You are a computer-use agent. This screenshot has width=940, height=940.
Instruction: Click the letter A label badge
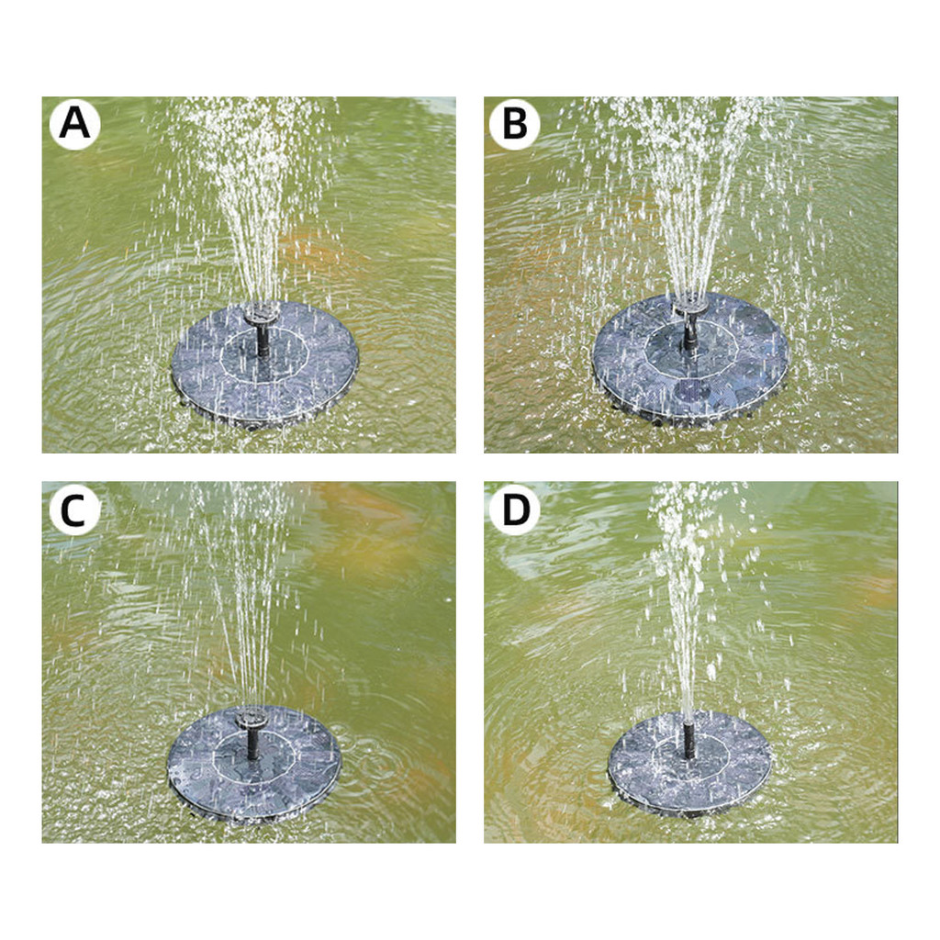[75, 124]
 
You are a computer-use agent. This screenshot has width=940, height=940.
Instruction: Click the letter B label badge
[514, 124]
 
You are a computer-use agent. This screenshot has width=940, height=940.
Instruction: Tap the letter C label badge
[75, 510]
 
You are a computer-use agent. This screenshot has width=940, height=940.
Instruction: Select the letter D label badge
[514, 510]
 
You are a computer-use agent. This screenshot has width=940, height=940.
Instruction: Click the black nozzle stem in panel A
[263, 340]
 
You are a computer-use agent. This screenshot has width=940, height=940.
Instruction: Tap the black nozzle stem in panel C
[253, 744]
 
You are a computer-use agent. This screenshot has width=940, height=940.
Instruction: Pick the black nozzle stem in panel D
[688, 740]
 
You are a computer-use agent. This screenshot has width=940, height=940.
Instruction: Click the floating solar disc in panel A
[265, 364]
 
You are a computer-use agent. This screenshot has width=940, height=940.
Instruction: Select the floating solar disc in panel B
[690, 359]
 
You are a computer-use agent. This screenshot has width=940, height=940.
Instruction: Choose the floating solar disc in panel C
[254, 765]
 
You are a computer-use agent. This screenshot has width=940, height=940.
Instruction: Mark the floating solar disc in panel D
[690, 763]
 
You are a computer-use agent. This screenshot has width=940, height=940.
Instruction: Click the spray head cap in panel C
[250, 719]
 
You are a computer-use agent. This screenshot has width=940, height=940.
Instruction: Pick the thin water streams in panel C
[246, 599]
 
